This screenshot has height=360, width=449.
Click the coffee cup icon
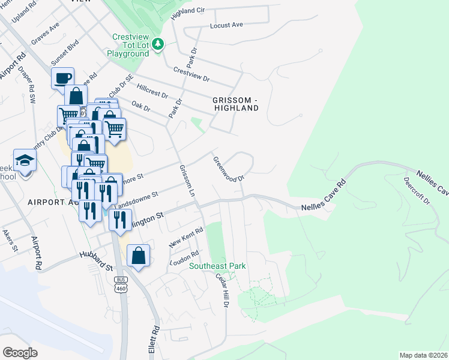pyautogui.click(x=62, y=78)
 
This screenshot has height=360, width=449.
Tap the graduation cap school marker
pyautogui.click(x=25, y=161)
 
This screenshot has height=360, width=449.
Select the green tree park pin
pyautogui.click(x=158, y=44)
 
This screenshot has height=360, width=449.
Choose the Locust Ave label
pyautogui.click(x=226, y=25)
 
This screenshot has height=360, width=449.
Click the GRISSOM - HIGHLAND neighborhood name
pyautogui.click(x=235, y=104)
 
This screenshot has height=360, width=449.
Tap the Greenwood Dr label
pyautogui.click(x=228, y=169)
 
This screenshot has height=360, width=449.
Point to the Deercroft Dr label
pyautogui.click(x=417, y=191)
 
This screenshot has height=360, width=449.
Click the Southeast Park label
pyautogui.click(x=217, y=266)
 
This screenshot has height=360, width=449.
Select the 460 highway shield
pyautogui.click(x=121, y=288)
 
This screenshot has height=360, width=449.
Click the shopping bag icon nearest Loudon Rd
pyautogui.click(x=138, y=256)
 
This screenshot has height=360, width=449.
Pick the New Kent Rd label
pyautogui.click(x=187, y=236)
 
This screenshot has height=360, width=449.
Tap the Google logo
pyautogui.click(x=20, y=353)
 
